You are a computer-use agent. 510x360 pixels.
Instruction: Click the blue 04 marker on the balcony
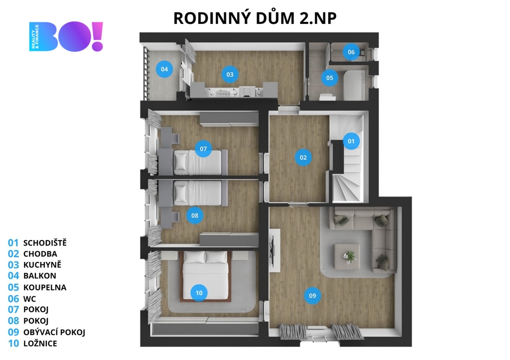tap(164, 69)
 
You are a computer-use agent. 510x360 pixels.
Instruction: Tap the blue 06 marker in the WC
tap(351, 52)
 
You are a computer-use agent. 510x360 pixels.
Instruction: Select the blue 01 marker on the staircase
tap(351, 141)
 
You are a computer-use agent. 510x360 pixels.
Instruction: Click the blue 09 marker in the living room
tap(312, 296)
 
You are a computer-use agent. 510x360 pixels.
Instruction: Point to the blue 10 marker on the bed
tap(199, 293)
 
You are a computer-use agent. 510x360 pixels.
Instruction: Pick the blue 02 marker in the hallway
tap(303, 157)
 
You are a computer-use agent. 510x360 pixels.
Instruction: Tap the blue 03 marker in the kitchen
tap(230, 75)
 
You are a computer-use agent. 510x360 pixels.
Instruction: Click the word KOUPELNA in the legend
tap(45, 287)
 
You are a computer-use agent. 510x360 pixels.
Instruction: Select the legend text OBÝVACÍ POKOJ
tap(54, 332)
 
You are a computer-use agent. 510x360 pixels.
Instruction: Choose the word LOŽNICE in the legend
tap(40, 344)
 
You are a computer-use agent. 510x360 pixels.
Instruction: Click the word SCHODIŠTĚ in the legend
tap(45, 242)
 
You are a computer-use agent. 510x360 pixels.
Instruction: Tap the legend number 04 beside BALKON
tap(13, 276)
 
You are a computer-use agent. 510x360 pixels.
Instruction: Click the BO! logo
tap(66, 36)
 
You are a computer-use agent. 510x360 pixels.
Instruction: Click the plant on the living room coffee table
tap(349, 256)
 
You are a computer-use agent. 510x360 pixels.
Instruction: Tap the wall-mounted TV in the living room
tap(273, 250)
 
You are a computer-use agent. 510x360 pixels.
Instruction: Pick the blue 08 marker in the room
tap(195, 215)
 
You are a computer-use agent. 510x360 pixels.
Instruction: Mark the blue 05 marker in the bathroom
tap(330, 78)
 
